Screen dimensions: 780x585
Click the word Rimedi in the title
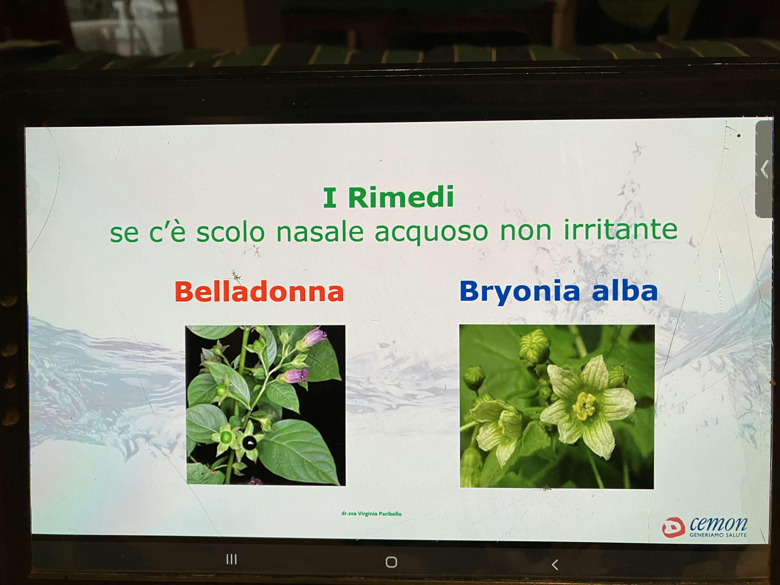click(x=401, y=198)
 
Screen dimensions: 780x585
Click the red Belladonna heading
click(x=259, y=291)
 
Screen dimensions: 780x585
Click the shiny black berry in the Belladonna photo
click(x=250, y=442)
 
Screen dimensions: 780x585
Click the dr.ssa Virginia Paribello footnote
click(x=371, y=513)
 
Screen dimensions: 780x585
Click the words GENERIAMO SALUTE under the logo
click(x=718, y=535)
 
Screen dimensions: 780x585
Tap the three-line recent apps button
click(x=231, y=560)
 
